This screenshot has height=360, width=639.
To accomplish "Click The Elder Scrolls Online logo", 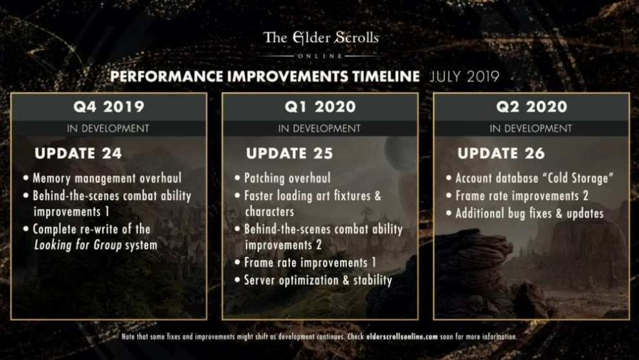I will (x=320, y=41).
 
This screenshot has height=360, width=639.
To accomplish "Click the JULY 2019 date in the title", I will (x=464, y=76).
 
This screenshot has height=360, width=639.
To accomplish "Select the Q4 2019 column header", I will (x=108, y=107).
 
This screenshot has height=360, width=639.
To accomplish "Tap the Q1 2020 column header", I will (x=320, y=107).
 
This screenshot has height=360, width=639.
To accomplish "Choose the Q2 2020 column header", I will (x=531, y=107).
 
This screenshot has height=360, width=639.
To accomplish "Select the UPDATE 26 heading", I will (x=501, y=154).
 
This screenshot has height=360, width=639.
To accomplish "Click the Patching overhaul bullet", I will (x=287, y=178).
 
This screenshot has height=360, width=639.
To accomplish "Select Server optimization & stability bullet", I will (x=318, y=280).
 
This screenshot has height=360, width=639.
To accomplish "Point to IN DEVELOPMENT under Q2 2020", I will (x=531, y=128).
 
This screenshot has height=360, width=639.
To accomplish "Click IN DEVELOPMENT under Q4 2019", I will (x=108, y=128).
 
